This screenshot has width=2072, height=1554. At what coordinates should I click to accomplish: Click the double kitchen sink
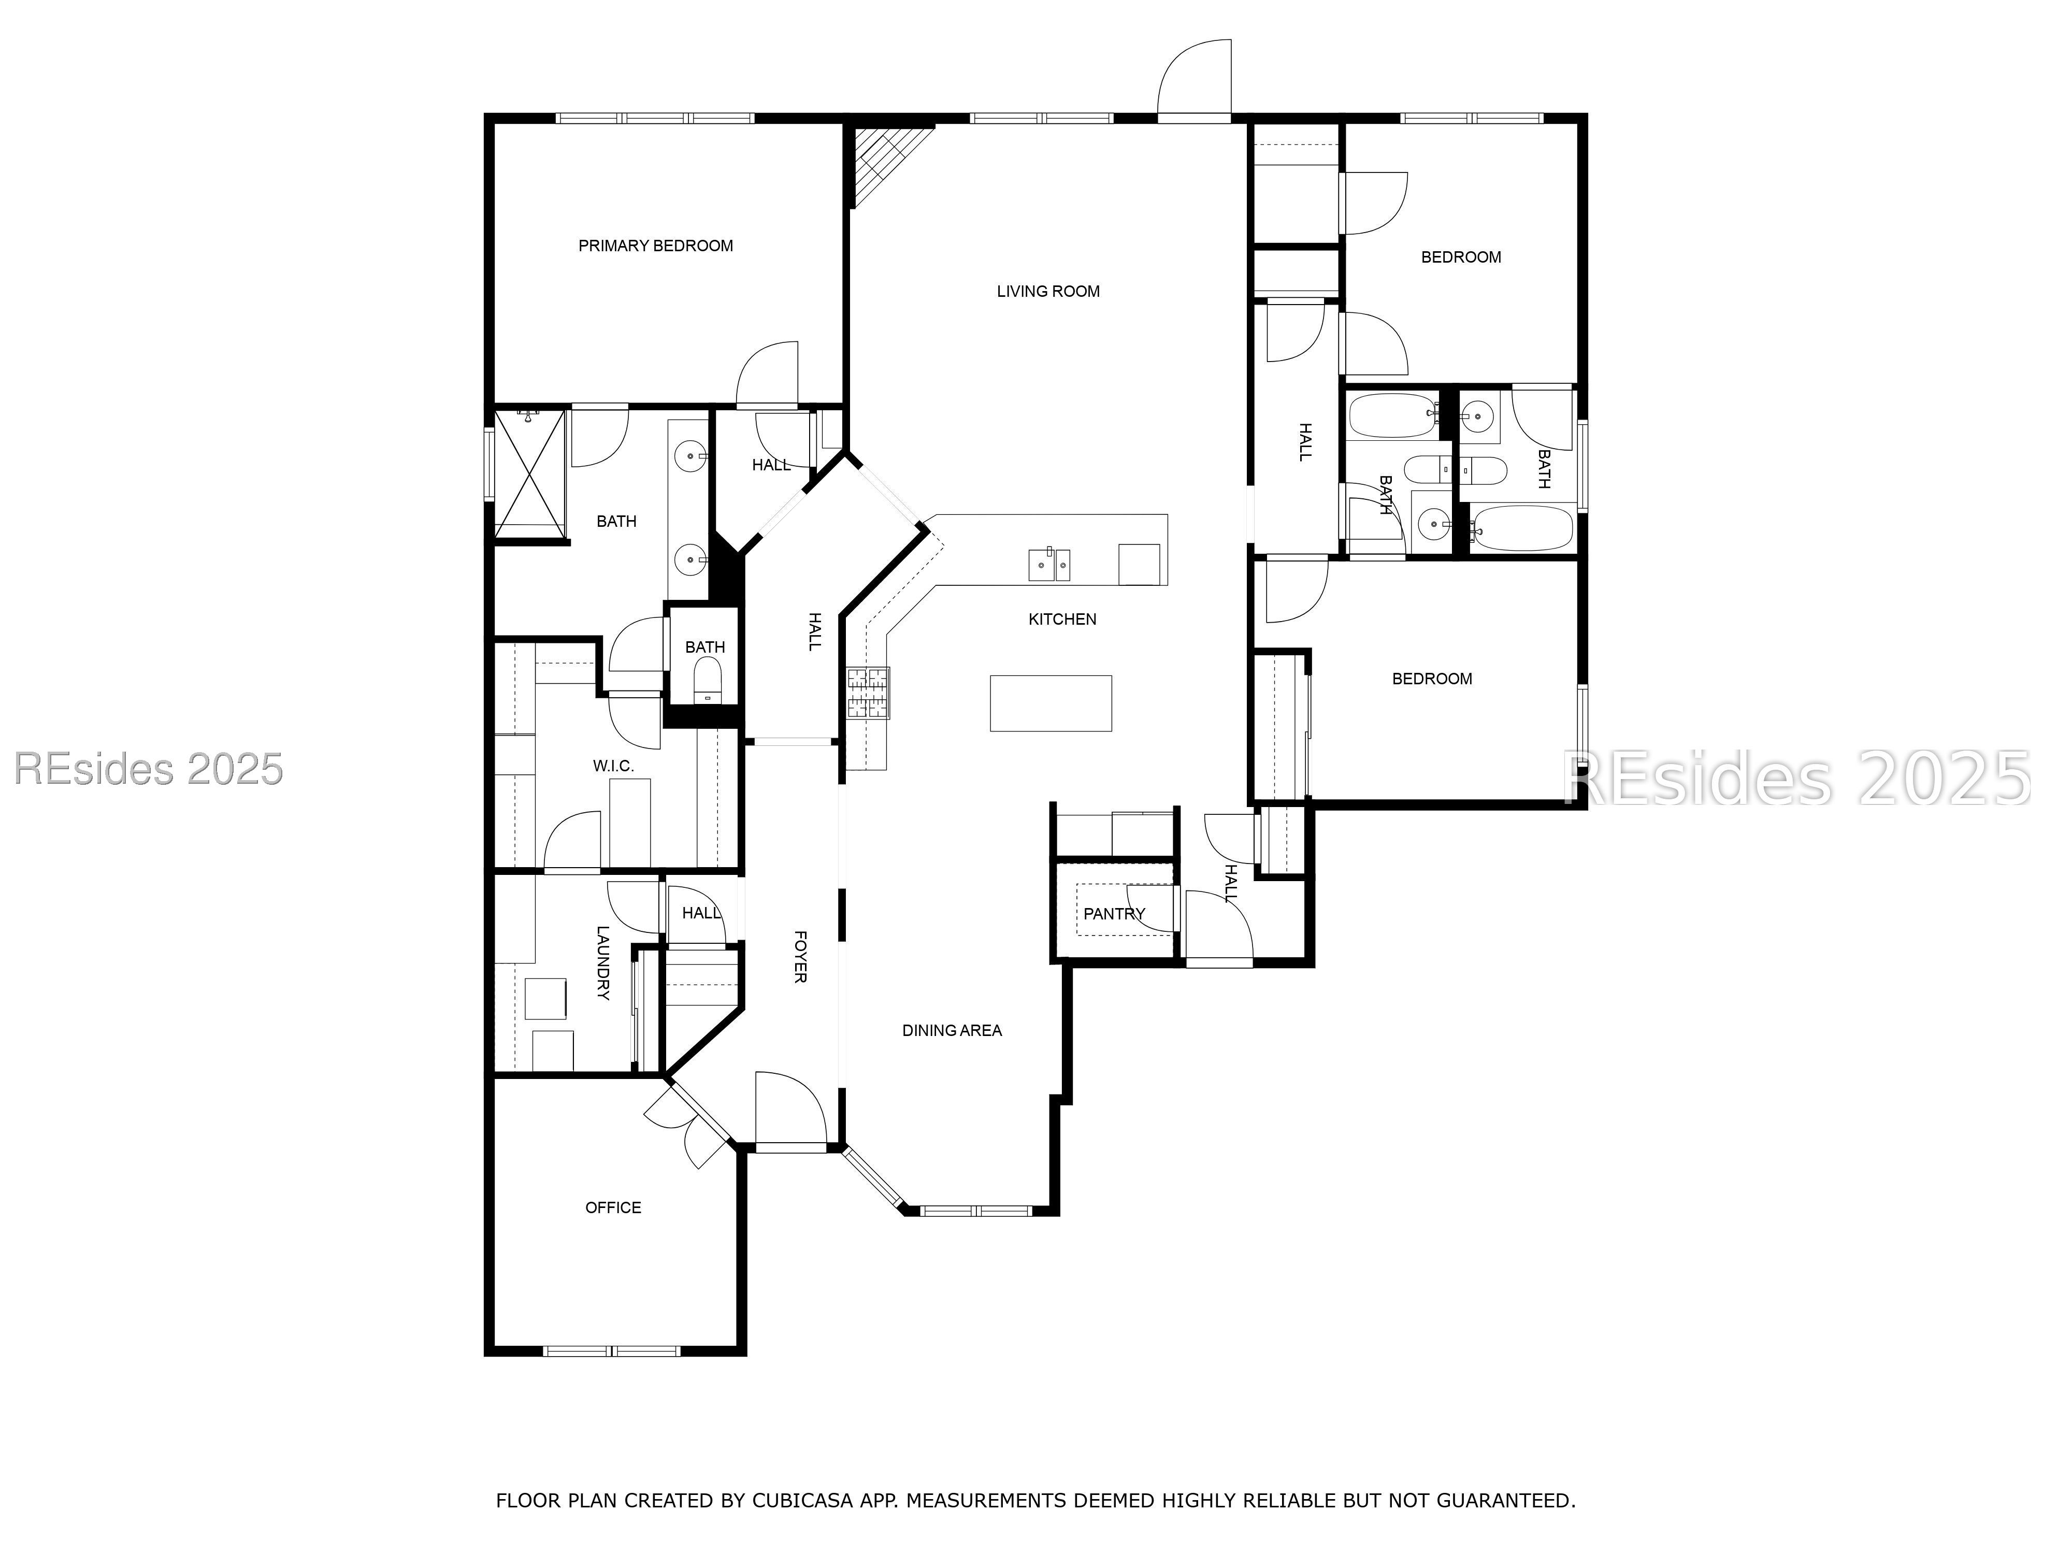pyautogui.click(x=1049, y=565)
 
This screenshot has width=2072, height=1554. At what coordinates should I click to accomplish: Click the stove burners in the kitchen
pyautogui.click(x=868, y=692)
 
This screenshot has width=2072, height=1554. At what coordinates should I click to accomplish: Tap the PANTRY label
pyautogui.click(x=1114, y=913)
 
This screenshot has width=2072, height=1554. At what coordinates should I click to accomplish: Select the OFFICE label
pyautogui.click(x=613, y=1207)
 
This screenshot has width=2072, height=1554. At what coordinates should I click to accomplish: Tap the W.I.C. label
pyautogui.click(x=613, y=765)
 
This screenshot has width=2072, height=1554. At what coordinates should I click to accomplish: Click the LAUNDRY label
pyautogui.click(x=602, y=963)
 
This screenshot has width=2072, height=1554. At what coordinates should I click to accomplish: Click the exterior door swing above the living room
pyautogui.click(x=1195, y=80)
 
